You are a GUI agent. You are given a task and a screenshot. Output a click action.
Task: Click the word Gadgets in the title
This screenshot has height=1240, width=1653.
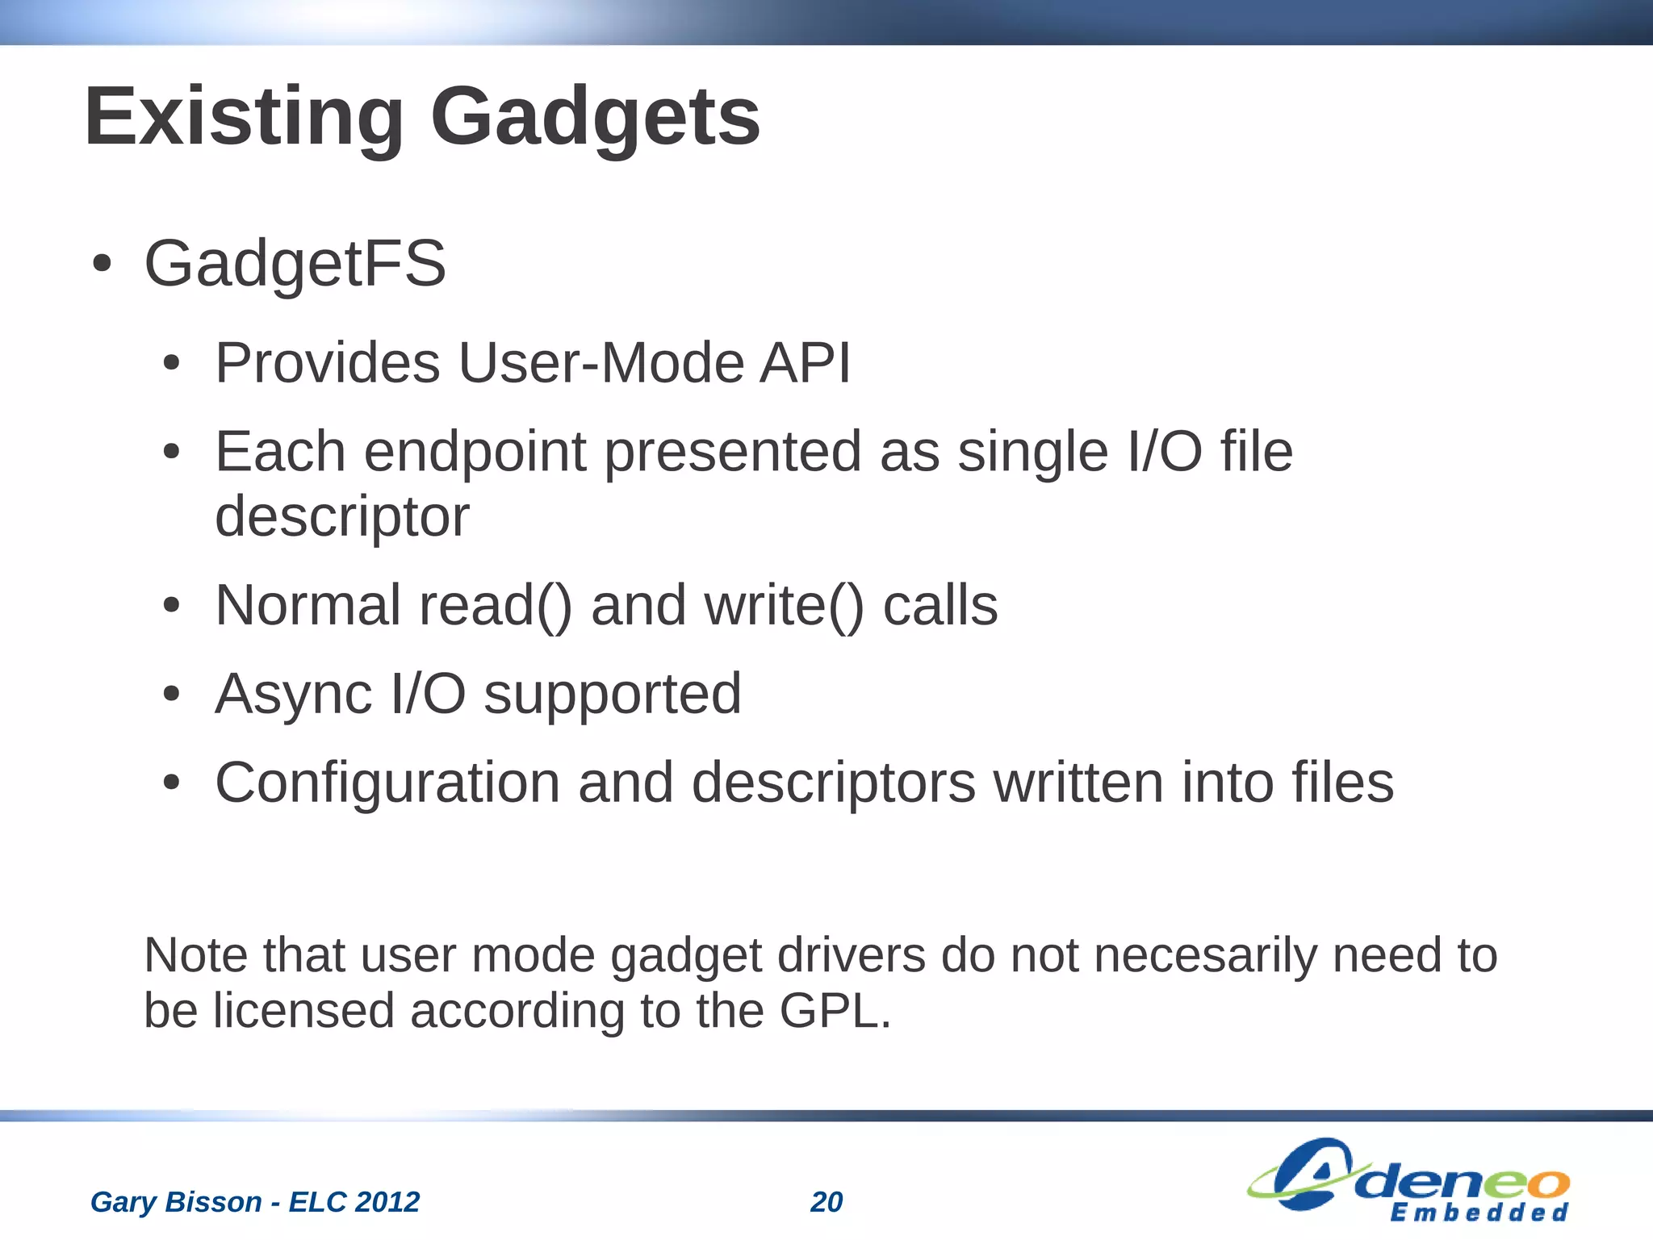tap(595, 118)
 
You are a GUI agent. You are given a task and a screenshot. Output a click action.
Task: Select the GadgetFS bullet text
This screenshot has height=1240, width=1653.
tap(295, 263)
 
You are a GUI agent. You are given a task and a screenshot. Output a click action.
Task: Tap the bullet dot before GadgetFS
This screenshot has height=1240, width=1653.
tap(101, 264)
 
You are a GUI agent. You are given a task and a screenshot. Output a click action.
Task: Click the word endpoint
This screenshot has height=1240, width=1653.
tap(475, 452)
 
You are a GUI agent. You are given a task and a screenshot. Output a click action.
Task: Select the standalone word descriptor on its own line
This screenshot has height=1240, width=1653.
tap(341, 516)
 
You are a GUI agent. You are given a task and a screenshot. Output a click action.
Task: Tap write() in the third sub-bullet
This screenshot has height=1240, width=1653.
tap(784, 605)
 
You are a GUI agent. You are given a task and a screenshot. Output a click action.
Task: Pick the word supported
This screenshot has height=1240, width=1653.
tap(612, 694)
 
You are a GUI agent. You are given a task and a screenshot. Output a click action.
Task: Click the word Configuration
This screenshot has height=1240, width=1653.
tap(387, 783)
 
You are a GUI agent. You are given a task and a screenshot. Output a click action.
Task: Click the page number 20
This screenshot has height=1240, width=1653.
tap(826, 1202)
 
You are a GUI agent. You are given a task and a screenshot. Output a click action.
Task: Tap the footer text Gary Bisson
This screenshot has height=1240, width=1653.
tap(175, 1202)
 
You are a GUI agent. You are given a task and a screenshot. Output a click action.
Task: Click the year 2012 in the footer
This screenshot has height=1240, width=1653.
tap(387, 1202)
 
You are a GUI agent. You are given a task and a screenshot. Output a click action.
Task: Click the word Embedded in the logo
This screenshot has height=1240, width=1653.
tap(1479, 1213)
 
